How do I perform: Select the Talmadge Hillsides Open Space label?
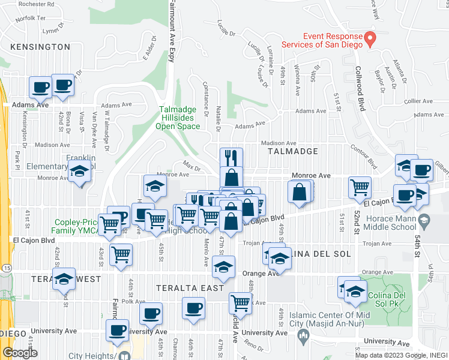178,118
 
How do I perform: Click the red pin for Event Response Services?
370,40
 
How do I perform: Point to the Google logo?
20,353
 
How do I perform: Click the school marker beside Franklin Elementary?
79,172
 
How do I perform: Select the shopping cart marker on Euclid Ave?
240,304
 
